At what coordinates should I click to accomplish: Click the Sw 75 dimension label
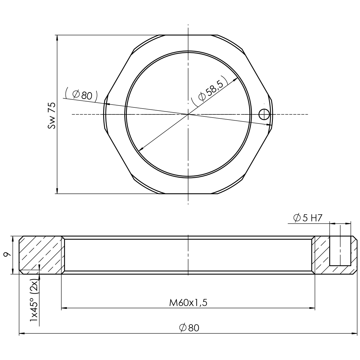52,116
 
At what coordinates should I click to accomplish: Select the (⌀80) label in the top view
81,95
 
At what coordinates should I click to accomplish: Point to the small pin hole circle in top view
264,114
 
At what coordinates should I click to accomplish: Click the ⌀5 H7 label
307,218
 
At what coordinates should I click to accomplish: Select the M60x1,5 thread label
188,303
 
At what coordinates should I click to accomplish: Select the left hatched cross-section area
41,255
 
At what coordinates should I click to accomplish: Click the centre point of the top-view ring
188,114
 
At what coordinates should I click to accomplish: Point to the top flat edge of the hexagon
188,35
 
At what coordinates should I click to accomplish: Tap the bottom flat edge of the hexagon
188,193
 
